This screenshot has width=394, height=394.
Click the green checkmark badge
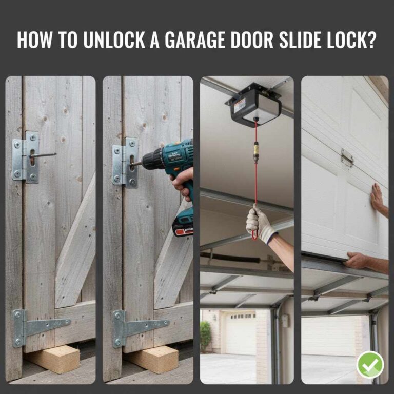coord(370,365)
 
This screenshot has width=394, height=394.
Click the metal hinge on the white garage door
coord(347,158)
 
